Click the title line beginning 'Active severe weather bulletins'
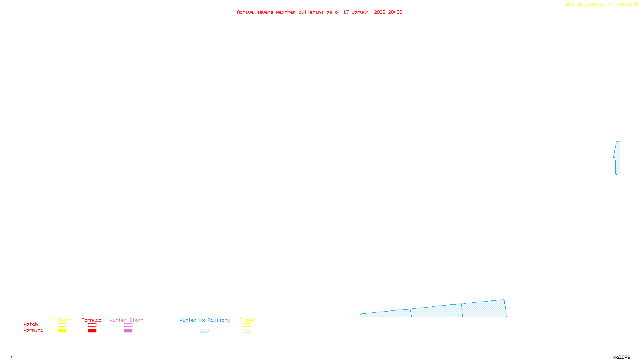click(x=319, y=12)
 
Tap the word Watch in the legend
click(x=31, y=324)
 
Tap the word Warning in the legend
click(x=33, y=330)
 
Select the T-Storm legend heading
click(x=62, y=320)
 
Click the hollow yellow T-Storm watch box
click(x=62, y=325)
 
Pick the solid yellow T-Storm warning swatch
click(x=62, y=331)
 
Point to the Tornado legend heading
click(x=92, y=320)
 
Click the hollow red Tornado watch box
click(x=92, y=325)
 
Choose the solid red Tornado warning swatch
click(x=92, y=331)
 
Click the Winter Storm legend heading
click(x=126, y=320)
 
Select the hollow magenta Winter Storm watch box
click(x=128, y=325)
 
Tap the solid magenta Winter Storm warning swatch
click(x=128, y=331)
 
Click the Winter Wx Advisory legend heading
click(x=205, y=320)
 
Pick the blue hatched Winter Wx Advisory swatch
click(x=204, y=331)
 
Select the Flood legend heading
click(x=247, y=320)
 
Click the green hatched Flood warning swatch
click(x=247, y=331)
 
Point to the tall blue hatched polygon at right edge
click(x=618, y=158)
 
